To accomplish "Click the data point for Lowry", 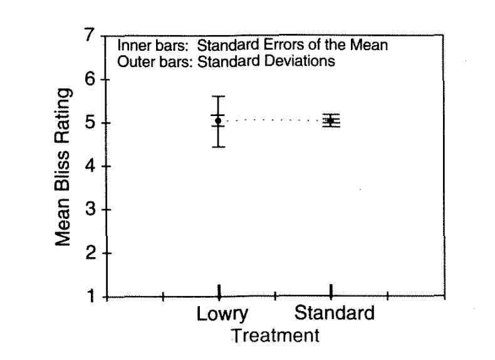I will tap(218, 120).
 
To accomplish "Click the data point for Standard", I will tap(330, 120).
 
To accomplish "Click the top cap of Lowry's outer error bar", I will tap(218, 96).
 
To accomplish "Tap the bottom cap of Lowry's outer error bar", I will tap(218, 147).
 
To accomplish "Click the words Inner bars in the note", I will tap(148, 47).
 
